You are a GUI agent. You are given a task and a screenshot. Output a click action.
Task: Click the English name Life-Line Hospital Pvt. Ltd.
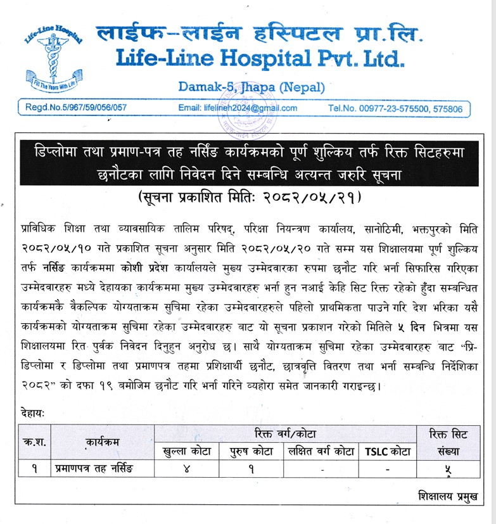[x=259, y=58]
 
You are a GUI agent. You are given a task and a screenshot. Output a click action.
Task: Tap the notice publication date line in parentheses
[x=249, y=197]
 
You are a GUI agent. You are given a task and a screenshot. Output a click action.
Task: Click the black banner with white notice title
[x=248, y=162]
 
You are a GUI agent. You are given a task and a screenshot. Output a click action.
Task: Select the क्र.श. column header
[x=32, y=442]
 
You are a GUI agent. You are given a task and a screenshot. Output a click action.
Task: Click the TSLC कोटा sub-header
[x=387, y=451]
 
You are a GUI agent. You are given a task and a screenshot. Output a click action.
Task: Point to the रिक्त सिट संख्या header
[x=450, y=442]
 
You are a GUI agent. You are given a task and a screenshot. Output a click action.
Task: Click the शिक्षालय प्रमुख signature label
[x=447, y=494]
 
